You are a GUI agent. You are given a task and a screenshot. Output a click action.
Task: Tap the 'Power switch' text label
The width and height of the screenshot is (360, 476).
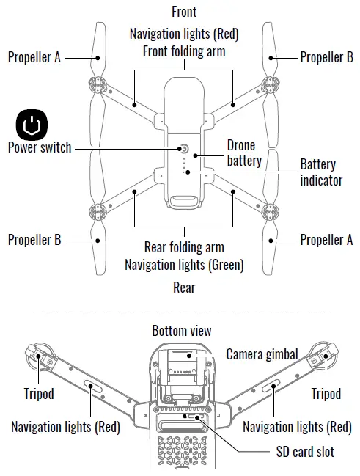pyautogui.click(x=40, y=147)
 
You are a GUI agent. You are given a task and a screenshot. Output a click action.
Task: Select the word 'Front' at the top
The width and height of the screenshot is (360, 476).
pyautogui.click(x=184, y=12)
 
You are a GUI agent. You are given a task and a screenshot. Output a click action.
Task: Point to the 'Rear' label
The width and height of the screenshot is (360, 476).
pyautogui.click(x=184, y=288)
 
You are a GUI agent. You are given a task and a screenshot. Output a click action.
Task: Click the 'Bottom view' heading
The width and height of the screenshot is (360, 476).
pyautogui.click(x=181, y=331)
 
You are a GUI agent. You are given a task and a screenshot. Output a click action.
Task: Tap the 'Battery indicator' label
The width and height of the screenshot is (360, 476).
pyautogui.click(x=321, y=172)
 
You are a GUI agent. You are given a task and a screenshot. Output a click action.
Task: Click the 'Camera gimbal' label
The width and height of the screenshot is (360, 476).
pyautogui.click(x=262, y=354)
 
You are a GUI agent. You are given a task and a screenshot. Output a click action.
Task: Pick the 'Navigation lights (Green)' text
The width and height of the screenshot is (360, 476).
pyautogui.click(x=184, y=264)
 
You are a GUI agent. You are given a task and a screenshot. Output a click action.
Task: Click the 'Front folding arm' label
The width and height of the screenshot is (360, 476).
pyautogui.click(x=184, y=52)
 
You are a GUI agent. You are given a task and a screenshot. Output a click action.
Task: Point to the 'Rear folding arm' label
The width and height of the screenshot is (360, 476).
pyautogui.click(x=184, y=247)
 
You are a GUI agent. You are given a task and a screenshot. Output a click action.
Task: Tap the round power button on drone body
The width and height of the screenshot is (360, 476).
pyautogui.click(x=183, y=149)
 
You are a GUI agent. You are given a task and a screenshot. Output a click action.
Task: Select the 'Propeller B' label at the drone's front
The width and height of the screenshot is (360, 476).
pyautogui.click(x=326, y=57)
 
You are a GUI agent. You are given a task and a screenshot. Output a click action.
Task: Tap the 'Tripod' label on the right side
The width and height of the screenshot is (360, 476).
pyautogui.click(x=326, y=394)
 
